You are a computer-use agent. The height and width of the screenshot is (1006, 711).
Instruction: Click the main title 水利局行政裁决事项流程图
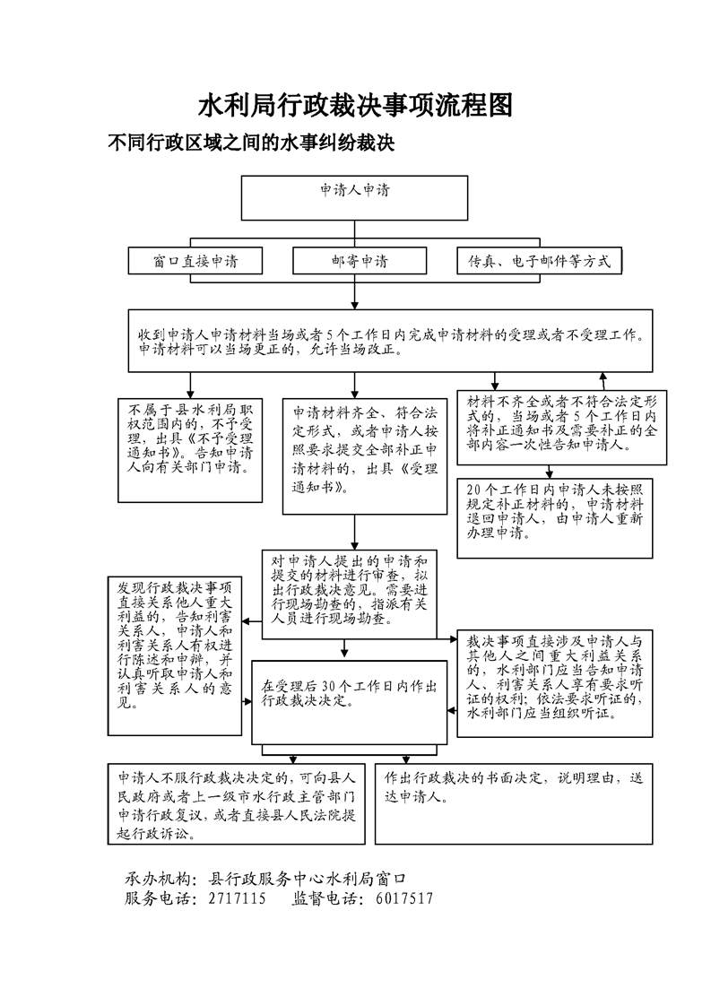point(355,106)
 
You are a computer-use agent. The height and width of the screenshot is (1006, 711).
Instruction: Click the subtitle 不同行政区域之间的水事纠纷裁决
point(251,143)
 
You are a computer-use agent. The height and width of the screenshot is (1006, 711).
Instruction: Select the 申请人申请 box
point(355,197)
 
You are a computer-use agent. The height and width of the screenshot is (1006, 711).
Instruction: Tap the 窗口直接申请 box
point(195,261)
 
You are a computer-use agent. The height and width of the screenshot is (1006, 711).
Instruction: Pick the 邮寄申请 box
point(355,261)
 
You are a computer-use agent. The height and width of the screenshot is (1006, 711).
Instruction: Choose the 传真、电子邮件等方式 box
point(539,261)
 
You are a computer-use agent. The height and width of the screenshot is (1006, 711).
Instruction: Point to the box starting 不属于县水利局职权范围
point(189,448)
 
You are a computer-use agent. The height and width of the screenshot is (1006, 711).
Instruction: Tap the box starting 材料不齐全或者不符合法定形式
point(562,427)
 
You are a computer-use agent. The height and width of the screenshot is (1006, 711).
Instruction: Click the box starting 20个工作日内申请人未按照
point(562,509)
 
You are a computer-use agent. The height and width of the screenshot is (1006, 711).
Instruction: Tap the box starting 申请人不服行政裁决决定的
point(237,803)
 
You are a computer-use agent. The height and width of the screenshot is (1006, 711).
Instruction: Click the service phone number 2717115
point(236,898)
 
